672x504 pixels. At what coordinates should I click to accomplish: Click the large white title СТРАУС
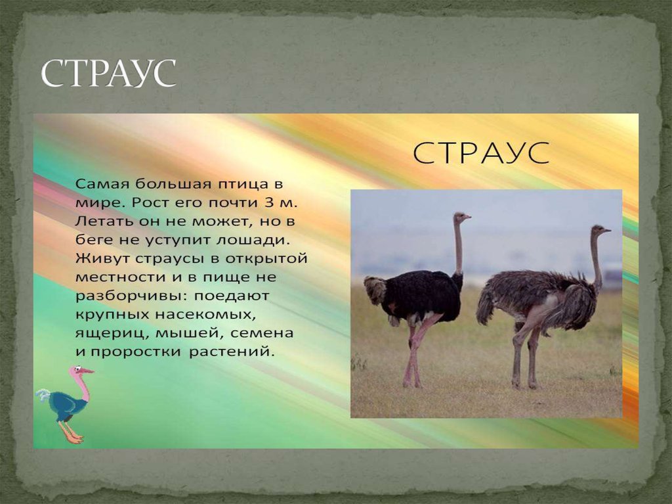tap(109, 74)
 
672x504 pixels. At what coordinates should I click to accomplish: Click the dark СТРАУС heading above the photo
tap(482, 154)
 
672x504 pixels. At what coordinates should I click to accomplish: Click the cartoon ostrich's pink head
tap(78, 372)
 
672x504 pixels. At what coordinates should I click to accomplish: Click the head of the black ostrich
tap(461, 217)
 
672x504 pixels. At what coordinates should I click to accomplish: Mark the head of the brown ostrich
tap(599, 230)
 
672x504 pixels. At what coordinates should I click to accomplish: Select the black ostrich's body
tap(420, 296)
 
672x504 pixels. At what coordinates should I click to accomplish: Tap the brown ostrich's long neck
tap(595, 260)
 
